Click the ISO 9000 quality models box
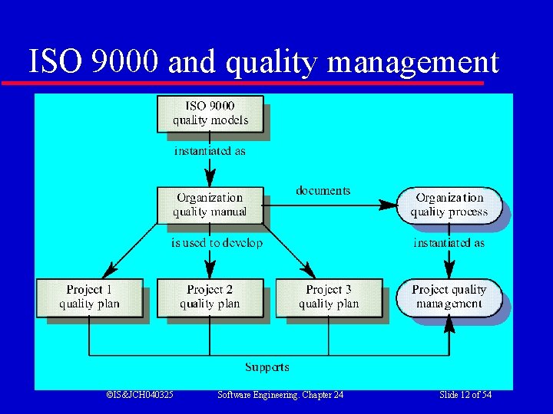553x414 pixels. tap(210, 113)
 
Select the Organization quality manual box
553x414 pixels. tap(210, 205)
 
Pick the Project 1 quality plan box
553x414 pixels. tap(89, 297)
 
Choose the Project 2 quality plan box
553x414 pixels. tap(210, 297)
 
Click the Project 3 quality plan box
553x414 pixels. tap(329, 297)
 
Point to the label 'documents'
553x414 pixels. tap(323, 190)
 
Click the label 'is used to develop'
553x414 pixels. tap(217, 243)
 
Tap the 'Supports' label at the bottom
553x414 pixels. tap(267, 367)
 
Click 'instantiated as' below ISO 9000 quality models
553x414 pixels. tap(210, 151)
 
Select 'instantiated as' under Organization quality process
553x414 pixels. tap(449, 243)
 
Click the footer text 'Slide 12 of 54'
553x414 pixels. tap(465, 395)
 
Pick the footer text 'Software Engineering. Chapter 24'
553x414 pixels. tap(280, 395)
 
